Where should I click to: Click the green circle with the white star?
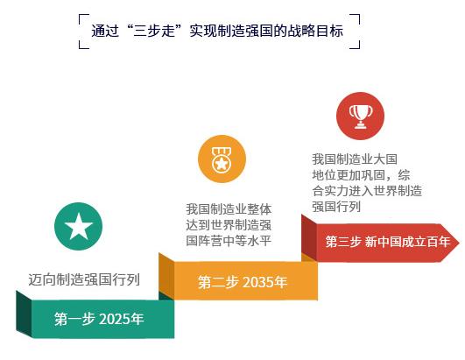[x=79, y=226]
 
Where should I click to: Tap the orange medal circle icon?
[x=222, y=159]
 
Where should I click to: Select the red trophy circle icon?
[x=360, y=116]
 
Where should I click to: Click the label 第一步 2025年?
[x=99, y=319]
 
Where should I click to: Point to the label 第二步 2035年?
[x=243, y=282]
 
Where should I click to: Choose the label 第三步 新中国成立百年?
[x=388, y=242]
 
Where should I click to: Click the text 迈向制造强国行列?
[x=84, y=279]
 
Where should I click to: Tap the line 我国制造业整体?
[x=229, y=209]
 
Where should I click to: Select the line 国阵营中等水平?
[x=229, y=241]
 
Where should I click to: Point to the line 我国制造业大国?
[x=355, y=159]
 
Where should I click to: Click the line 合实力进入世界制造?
[x=367, y=191]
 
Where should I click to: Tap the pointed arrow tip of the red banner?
[x=459, y=243]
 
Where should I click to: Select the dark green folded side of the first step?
[x=24, y=314]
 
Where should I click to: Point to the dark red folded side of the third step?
[x=309, y=238]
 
